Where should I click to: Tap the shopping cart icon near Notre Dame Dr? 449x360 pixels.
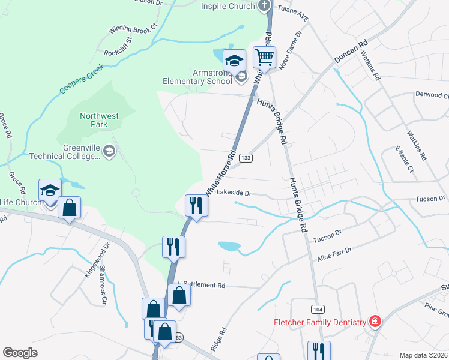[264, 58]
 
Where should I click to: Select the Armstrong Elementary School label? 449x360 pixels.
[198, 76]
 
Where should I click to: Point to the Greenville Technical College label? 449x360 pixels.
[65, 152]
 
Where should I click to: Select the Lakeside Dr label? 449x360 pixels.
[234, 193]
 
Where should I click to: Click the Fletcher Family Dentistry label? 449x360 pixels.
[320, 322]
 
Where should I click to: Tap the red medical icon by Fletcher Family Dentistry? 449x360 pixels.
[375, 322]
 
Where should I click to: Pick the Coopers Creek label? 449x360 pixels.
[82, 80]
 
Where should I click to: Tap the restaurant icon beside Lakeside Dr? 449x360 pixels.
[196, 205]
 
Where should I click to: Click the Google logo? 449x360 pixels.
[20, 353]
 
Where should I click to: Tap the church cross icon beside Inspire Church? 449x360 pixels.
[264, 6]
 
